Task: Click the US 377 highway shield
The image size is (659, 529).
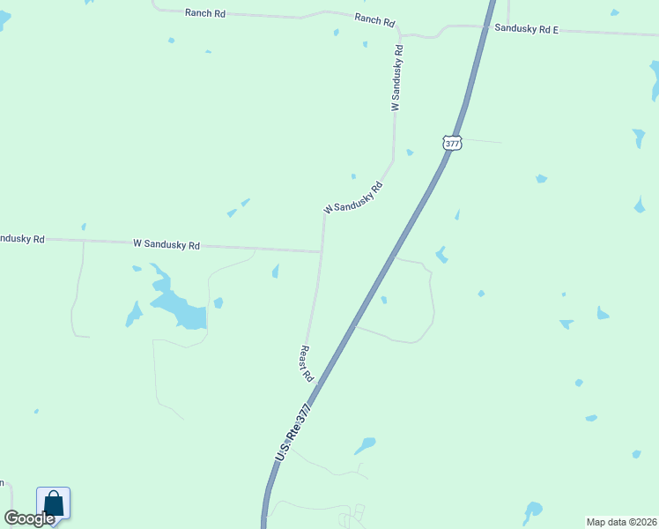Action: coord(452,142)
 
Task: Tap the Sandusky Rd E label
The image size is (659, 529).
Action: coord(526,29)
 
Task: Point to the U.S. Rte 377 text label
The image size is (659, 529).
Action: coord(293,433)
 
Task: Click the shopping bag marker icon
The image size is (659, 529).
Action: coord(53,504)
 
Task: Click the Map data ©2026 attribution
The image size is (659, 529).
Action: coord(620,521)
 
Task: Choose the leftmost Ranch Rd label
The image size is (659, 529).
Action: coord(204,13)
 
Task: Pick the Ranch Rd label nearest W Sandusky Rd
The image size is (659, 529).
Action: coord(374,19)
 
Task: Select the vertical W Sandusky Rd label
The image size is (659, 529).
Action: coord(397,78)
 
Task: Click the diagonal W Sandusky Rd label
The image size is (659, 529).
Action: coord(354,198)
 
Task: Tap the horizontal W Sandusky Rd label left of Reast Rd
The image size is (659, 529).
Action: coord(167,244)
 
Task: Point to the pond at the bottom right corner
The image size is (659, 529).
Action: coord(532,510)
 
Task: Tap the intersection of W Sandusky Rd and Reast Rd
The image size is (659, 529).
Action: coord(322,252)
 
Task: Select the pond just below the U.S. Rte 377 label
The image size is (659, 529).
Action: coord(365,446)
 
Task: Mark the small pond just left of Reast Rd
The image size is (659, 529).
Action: coord(276,271)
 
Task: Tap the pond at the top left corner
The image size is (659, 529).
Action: coord(4,19)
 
